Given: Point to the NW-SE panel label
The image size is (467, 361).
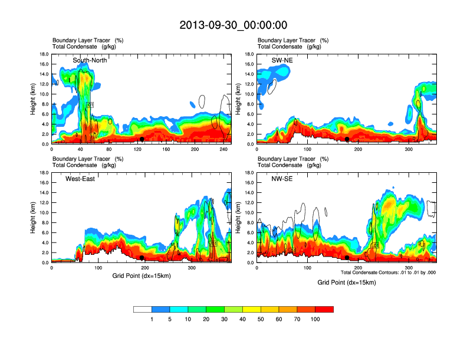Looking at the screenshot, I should (277, 179).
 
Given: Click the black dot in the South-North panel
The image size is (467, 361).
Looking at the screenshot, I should (142, 139).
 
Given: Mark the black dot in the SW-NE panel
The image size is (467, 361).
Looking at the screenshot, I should (347, 139).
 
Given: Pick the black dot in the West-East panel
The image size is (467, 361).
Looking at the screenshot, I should (142, 258).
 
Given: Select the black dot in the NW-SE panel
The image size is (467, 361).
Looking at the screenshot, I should (347, 258).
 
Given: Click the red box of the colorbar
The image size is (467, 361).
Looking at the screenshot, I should (324, 309).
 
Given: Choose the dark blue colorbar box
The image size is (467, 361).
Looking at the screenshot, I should (161, 309).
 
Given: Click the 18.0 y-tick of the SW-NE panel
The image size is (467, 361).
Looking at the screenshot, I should (250, 54).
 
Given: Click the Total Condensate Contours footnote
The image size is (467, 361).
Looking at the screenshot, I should (388, 272).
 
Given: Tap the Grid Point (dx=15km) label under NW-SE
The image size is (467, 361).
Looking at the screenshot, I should (346, 283).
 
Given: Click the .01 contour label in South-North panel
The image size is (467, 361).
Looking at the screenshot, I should (90, 105).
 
